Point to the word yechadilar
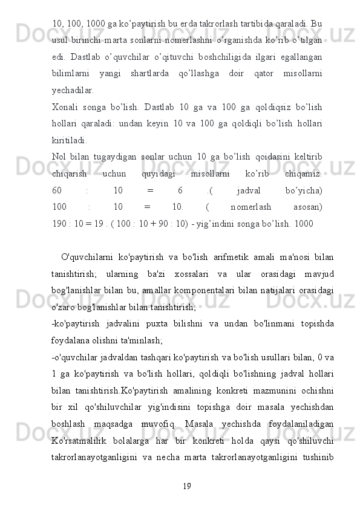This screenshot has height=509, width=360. [73, 91]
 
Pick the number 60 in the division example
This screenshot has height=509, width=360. [58, 191]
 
